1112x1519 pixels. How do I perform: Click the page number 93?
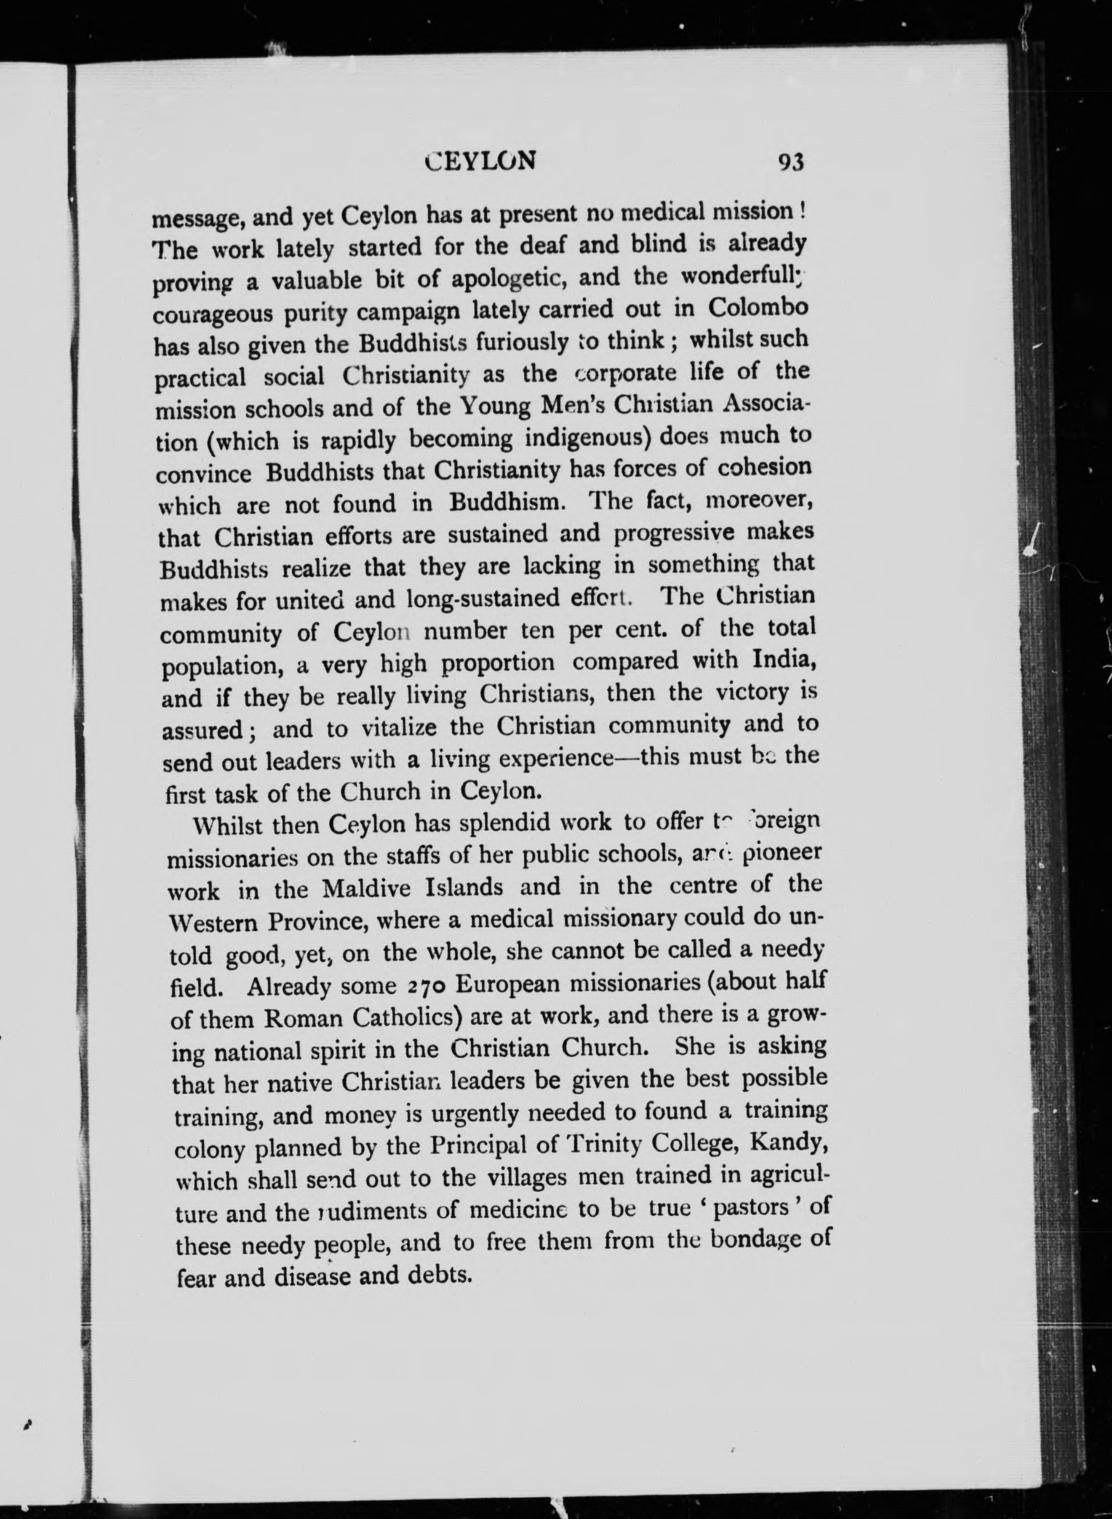pyautogui.click(x=791, y=163)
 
